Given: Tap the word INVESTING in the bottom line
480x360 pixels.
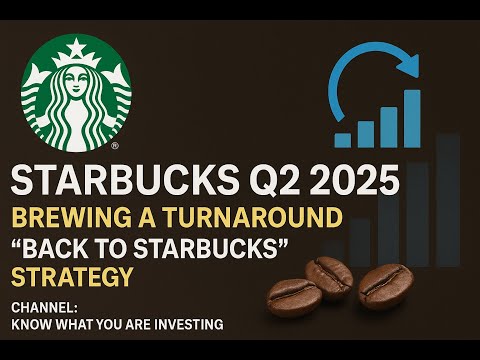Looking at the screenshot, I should [x=189, y=324].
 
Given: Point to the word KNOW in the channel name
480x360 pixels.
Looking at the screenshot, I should [x=28, y=324].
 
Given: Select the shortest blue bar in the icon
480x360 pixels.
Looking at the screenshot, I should [x=343, y=139].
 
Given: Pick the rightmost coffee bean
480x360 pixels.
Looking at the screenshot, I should [x=385, y=287].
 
